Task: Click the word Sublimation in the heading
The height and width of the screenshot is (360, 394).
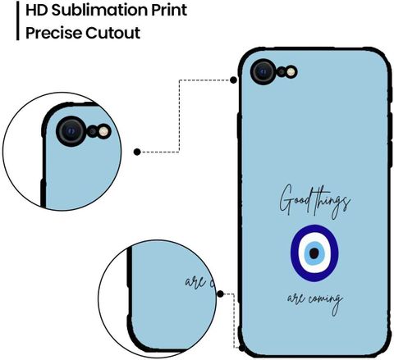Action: coord(99,10)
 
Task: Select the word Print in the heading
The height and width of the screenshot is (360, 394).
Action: coord(169,10)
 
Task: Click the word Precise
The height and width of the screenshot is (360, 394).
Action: coord(53,33)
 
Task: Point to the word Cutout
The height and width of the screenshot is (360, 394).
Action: coord(112,33)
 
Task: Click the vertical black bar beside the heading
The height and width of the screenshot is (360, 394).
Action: coord(18,21)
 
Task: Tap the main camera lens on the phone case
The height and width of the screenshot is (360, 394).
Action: coord(263,71)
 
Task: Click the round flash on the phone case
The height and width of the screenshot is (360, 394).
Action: coord(291,72)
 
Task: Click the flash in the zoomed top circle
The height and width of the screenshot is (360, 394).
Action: coord(103,131)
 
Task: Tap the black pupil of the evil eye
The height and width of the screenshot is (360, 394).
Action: coord(314,253)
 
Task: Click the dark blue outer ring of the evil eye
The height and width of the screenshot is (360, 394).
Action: coord(294,253)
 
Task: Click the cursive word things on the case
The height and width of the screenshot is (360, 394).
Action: coord(332,203)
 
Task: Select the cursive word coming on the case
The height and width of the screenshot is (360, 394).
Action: coord(326,302)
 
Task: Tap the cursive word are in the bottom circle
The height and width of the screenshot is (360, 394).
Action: coord(195,281)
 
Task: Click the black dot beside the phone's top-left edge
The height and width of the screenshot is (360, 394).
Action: coord(233,80)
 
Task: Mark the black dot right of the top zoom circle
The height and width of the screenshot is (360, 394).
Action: coord(137,152)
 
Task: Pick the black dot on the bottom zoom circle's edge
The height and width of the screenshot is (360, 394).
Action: coord(221,294)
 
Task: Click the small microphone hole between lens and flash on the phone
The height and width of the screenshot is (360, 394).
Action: coord(282,72)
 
